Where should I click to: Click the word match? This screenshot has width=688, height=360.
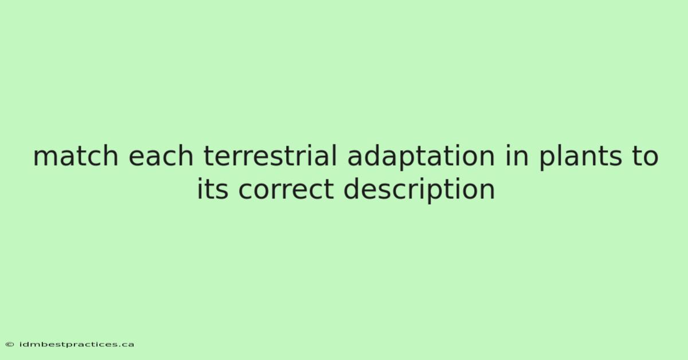click(76, 156)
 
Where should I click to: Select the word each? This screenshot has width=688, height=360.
click(161, 156)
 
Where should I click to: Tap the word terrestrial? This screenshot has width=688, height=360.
click(270, 156)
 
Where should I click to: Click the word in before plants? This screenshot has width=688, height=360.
click(517, 156)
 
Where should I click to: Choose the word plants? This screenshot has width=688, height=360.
click(580, 157)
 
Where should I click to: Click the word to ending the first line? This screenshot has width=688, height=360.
click(645, 156)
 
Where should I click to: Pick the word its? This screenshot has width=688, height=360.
click(213, 189)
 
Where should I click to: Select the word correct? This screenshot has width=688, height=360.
click(286, 190)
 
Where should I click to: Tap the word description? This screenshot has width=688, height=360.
click(419, 190)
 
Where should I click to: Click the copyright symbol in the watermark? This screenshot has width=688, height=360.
click(10, 345)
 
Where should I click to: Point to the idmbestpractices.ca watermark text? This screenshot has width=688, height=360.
click(76, 345)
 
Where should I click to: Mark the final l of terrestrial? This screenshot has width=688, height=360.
click(335, 155)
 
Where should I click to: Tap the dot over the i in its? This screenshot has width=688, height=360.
click(200, 179)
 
